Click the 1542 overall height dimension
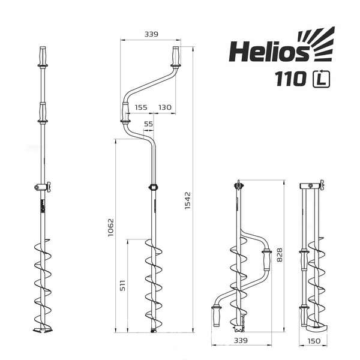pos(187,201)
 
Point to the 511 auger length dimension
pos(124,286)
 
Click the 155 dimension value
pos(141,107)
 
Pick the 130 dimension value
pos(165,107)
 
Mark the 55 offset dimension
pos(149,124)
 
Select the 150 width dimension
pos(313,340)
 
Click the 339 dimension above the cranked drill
pos(151,34)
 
